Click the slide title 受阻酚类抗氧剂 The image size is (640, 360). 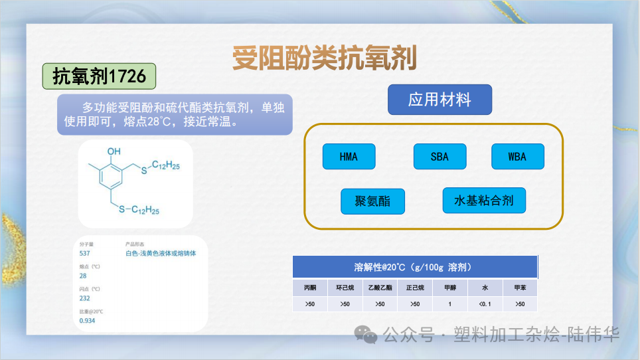[x=325, y=58]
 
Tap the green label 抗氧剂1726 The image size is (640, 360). [x=99, y=76]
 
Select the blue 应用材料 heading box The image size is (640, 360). [x=440, y=100]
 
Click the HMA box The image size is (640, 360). [x=349, y=157]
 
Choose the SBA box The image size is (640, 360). [x=440, y=157]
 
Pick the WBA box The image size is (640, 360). [x=517, y=157]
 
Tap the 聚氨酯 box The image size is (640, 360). [x=372, y=201]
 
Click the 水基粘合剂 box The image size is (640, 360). [x=484, y=200]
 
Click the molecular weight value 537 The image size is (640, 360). [x=84, y=253]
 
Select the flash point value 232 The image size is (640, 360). [x=84, y=298]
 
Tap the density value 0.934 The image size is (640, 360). [x=87, y=321]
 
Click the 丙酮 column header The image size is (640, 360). [x=310, y=288]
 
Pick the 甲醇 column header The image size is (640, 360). [x=449, y=288]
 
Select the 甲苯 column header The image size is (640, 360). [x=520, y=288]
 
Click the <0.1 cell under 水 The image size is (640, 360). [x=485, y=304]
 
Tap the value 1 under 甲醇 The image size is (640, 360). [x=449, y=304]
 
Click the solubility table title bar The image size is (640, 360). [x=414, y=267]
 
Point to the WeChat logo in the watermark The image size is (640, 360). [x=366, y=334]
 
